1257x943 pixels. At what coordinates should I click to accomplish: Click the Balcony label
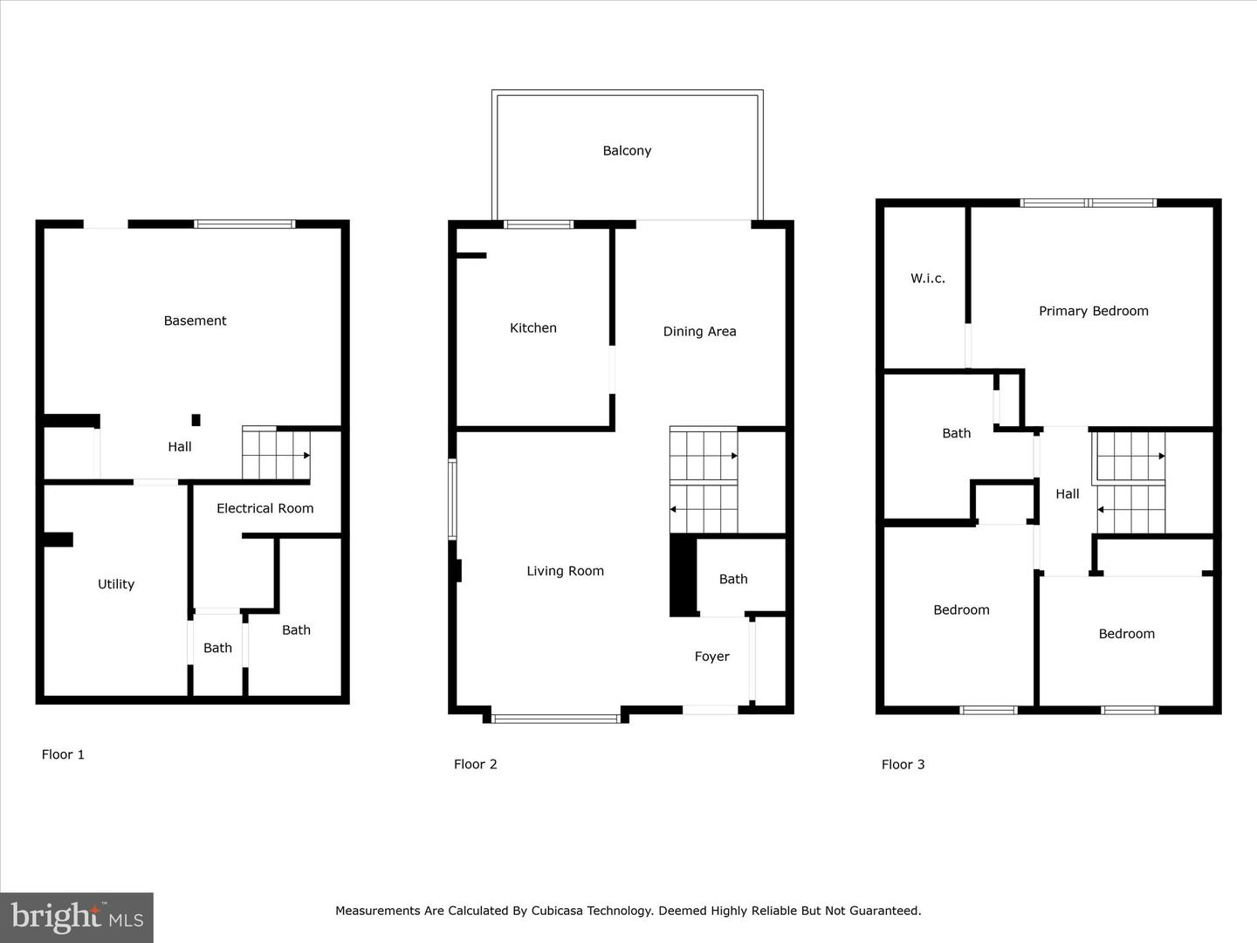coord(627,150)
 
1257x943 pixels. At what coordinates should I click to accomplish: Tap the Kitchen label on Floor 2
coord(532,327)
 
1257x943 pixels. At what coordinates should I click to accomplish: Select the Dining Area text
coord(699,331)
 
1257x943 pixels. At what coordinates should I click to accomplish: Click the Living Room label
coord(565,571)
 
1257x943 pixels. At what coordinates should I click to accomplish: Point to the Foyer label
coord(711,657)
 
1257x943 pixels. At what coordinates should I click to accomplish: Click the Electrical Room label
coord(264,508)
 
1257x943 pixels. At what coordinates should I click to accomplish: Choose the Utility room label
coord(116,584)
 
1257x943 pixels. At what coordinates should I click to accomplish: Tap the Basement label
coord(195,320)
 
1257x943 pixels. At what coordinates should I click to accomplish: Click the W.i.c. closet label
coord(927,279)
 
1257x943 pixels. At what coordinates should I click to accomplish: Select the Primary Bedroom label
coord(1093,311)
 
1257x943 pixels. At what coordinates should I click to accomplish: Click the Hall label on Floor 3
coord(1067,493)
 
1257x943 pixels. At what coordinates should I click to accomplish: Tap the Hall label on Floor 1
coord(180,446)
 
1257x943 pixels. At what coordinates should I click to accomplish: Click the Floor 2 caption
coord(475,764)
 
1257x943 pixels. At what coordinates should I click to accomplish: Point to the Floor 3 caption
coord(903,764)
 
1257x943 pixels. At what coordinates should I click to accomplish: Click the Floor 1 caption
coord(63,754)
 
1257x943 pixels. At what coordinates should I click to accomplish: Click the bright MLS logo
coord(77,917)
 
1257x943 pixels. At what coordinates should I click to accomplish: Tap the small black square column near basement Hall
coord(196,420)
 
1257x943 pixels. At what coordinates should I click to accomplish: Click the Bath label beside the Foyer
coord(733,579)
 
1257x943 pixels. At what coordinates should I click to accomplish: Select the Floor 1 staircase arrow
coord(306,455)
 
